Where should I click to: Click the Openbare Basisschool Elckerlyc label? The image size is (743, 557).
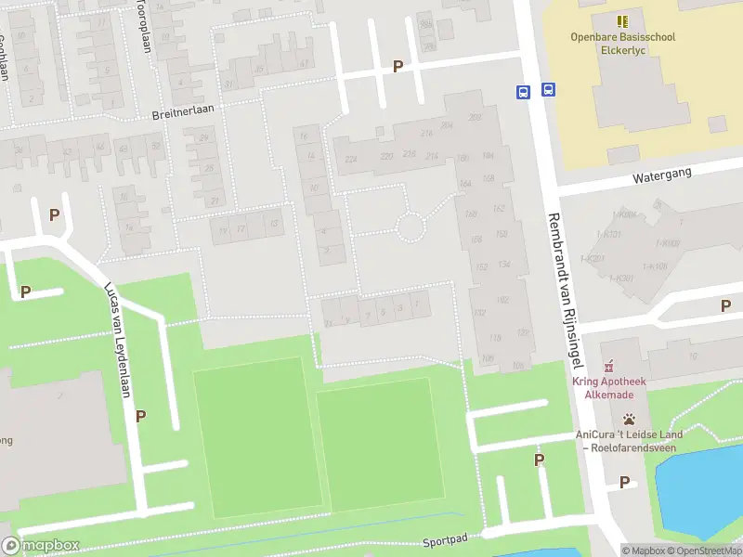click(x=622, y=44)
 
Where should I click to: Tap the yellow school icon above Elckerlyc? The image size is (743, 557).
click(x=622, y=20)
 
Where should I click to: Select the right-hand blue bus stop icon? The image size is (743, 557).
click(x=549, y=90)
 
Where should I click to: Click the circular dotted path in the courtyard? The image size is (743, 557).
click(x=411, y=226)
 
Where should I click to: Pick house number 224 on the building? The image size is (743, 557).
click(x=350, y=160)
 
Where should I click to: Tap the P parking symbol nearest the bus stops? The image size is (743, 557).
click(x=398, y=66)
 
